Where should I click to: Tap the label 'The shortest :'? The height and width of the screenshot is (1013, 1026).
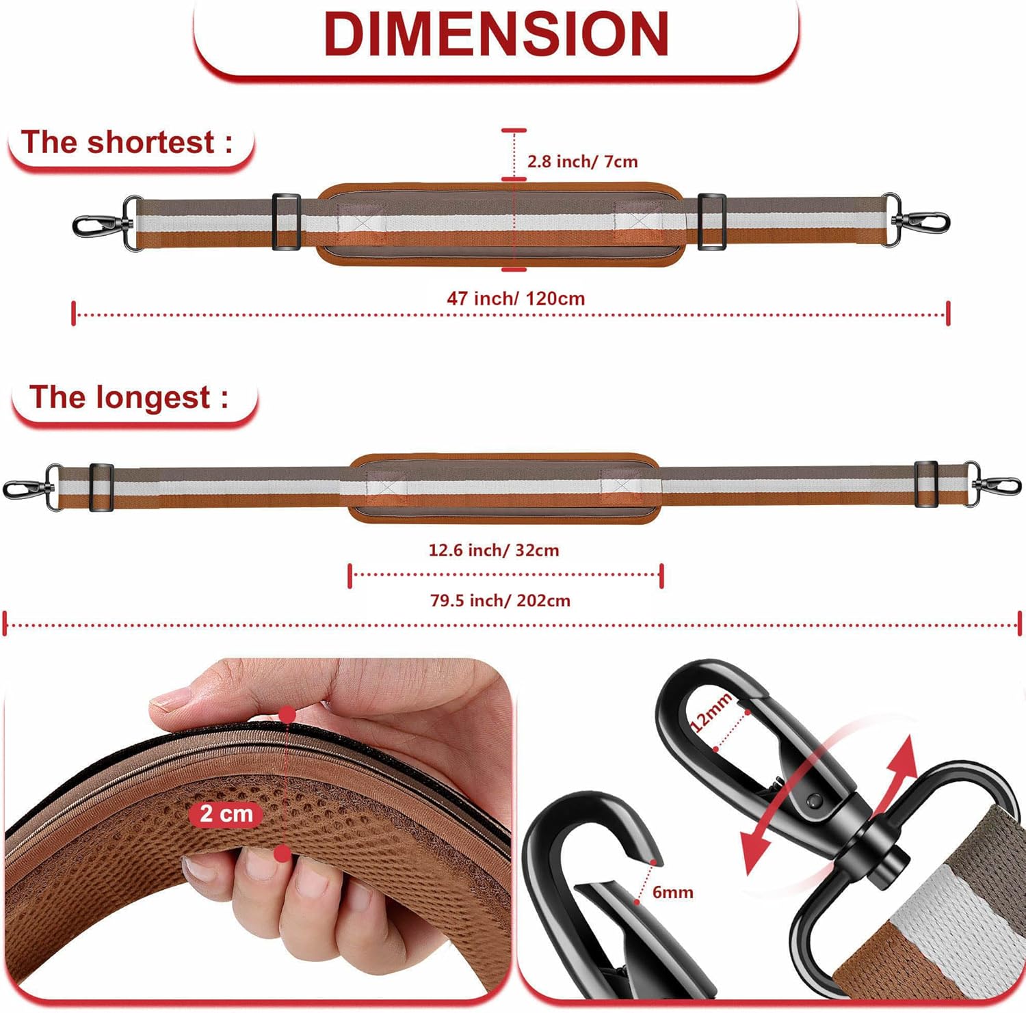pyautogui.click(x=127, y=142)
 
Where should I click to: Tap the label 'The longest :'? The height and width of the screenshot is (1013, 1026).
pyautogui.click(x=129, y=397)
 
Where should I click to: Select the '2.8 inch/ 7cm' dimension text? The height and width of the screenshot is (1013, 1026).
pyautogui.click(x=582, y=161)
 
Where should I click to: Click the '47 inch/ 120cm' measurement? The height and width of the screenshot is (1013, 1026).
pyautogui.click(x=516, y=299)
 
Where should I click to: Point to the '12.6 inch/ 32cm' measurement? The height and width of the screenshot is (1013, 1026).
pyautogui.click(x=494, y=550)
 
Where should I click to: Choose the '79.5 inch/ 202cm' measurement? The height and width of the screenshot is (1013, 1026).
pyautogui.click(x=500, y=601)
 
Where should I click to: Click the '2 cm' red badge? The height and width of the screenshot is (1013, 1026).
pyautogui.click(x=226, y=813)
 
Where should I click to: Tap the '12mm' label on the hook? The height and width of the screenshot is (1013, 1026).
pyautogui.click(x=712, y=712)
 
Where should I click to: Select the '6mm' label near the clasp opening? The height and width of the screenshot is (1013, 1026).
pyautogui.click(x=672, y=892)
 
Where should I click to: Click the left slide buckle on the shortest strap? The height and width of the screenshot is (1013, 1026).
pyautogui.click(x=286, y=221)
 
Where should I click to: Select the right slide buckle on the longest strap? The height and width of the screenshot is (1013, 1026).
pyautogui.click(x=926, y=485)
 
